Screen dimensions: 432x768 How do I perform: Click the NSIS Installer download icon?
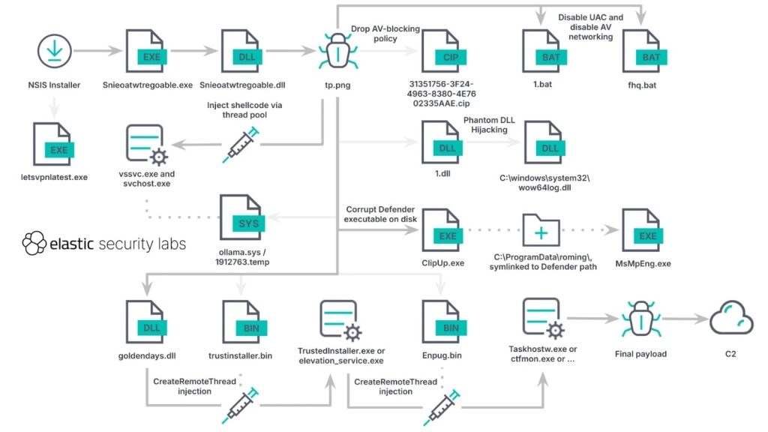coord(52,51)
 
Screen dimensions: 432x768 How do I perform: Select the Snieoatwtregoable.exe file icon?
coord(144,51)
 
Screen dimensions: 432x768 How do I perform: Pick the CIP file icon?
coord(441,51)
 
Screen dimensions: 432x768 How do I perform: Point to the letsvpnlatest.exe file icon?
coord(52,144)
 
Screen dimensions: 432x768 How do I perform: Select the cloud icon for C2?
coord(731,319)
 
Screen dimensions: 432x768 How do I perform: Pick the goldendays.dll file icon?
coord(145,322)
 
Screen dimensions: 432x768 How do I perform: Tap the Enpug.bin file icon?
coord(441,322)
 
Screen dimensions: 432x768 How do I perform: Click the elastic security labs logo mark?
coord(34,244)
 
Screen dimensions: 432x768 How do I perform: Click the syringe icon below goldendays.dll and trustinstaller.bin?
coord(242,405)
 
